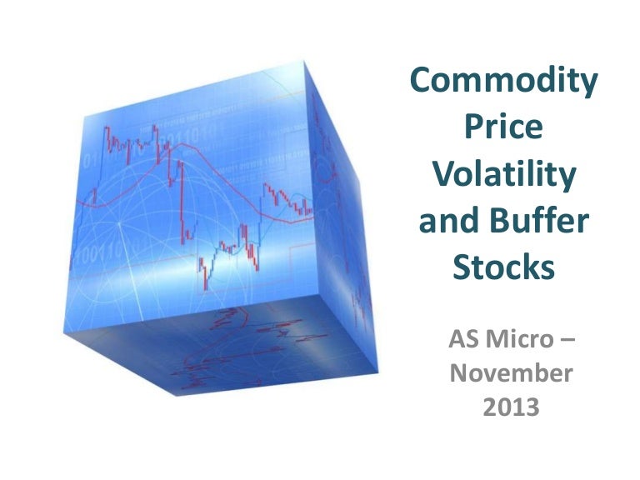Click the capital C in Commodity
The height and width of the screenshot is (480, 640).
[425, 83]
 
